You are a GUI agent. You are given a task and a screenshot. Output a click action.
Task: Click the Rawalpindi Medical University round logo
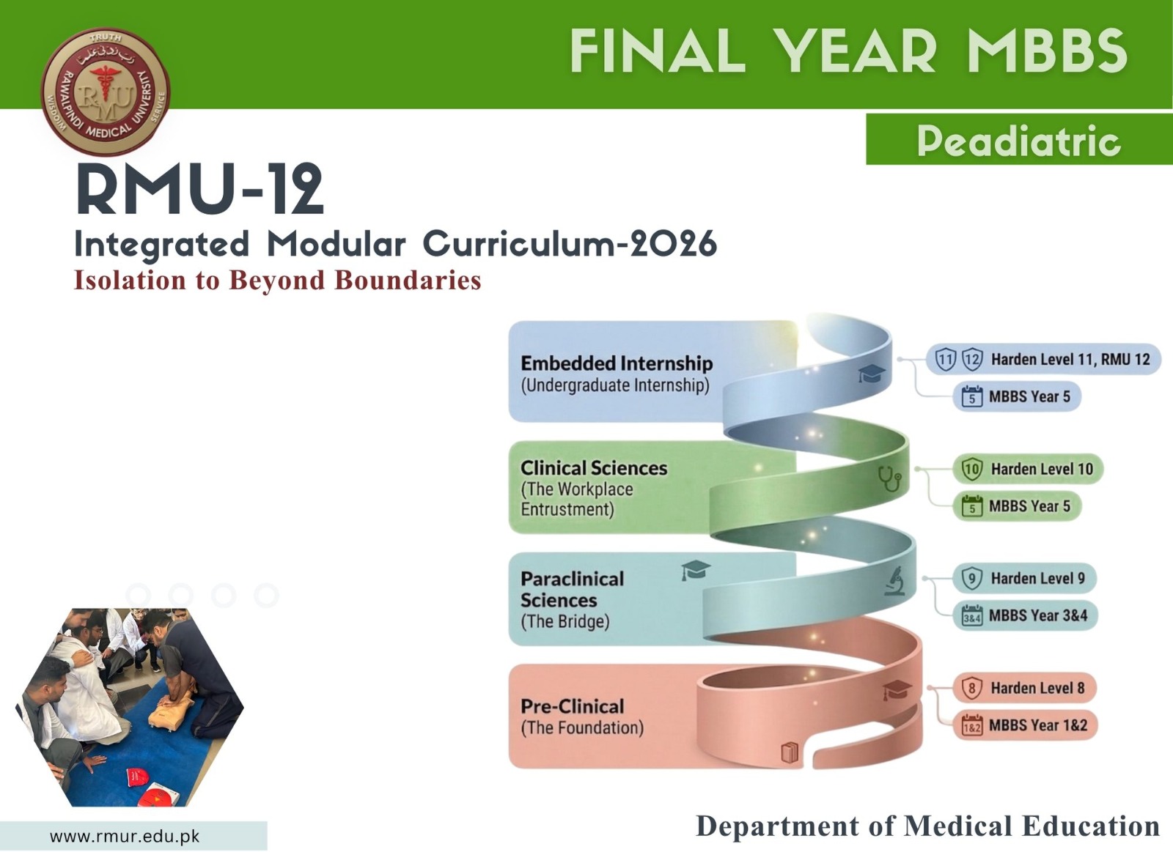(106, 92)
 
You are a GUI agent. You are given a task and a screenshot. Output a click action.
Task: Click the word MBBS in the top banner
(1047, 51)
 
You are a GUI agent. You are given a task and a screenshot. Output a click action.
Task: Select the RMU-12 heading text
(200, 189)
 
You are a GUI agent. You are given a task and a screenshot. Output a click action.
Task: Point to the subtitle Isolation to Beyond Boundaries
(278, 280)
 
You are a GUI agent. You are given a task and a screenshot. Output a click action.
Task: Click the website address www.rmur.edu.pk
(125, 836)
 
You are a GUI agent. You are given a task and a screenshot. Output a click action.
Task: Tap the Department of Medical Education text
(927, 826)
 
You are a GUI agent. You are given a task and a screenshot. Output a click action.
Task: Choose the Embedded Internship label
(617, 363)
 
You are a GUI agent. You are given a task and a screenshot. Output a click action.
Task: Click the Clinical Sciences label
(594, 468)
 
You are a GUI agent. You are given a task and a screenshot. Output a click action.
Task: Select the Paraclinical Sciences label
(573, 589)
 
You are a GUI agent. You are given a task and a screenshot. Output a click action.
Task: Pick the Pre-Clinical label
(573, 706)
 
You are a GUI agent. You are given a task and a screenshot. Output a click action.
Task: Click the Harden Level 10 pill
(1028, 469)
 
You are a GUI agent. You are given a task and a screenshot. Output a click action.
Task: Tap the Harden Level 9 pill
(1023, 578)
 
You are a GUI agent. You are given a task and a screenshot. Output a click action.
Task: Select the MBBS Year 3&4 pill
(1025, 615)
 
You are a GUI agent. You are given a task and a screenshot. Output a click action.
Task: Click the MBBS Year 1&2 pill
(1025, 725)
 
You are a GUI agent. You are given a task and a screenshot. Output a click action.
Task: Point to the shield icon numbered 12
(972, 360)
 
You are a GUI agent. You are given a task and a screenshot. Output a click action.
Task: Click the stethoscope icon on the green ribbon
(890, 478)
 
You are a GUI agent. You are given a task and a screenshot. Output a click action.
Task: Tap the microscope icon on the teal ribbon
(894, 581)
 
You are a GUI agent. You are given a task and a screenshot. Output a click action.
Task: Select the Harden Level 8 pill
(1024, 688)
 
